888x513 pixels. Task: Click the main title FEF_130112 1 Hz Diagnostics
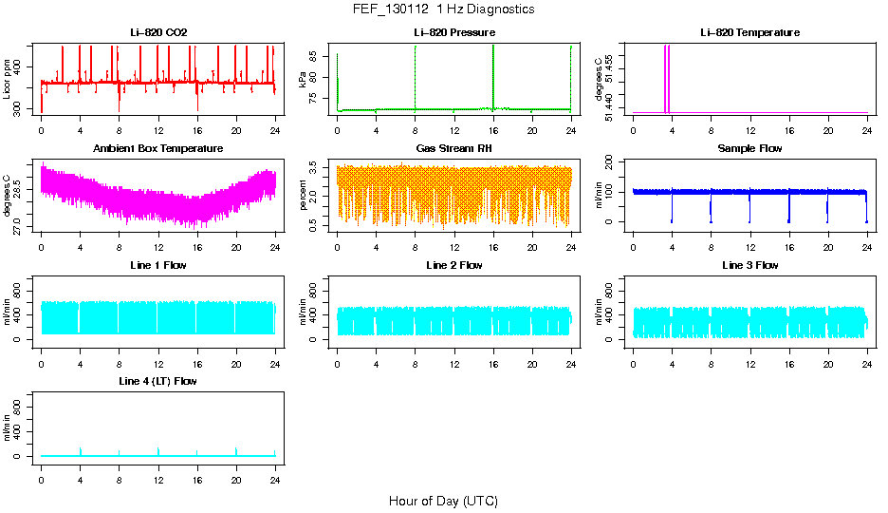coord(442,9)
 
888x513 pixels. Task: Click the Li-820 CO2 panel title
coord(158,32)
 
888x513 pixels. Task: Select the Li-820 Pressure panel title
coord(453,32)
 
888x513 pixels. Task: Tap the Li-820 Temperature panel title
coord(749,32)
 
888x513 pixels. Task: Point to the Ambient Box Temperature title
coord(158,149)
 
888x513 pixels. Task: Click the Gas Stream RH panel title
coord(453,149)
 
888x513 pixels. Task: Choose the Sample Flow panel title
coord(749,149)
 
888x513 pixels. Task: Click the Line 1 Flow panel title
coord(158,265)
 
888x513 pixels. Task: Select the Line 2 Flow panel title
coord(453,265)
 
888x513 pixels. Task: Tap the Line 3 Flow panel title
coord(749,265)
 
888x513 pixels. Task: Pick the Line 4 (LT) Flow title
coord(158,381)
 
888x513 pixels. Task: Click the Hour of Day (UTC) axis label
coord(443,501)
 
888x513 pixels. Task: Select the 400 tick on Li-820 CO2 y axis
coord(22,65)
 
